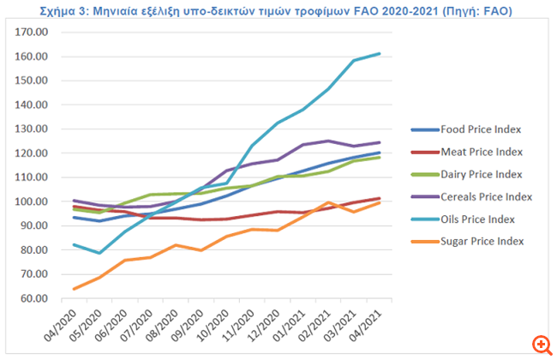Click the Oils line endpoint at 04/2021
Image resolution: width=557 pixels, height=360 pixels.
379,53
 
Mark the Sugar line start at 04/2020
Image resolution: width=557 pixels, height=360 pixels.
74,289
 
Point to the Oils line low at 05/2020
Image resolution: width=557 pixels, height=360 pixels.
99,253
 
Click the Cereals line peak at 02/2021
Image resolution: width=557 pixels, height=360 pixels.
327,141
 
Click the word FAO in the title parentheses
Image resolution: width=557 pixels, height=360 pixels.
503,10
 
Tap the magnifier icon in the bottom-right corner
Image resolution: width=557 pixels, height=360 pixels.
540,344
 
